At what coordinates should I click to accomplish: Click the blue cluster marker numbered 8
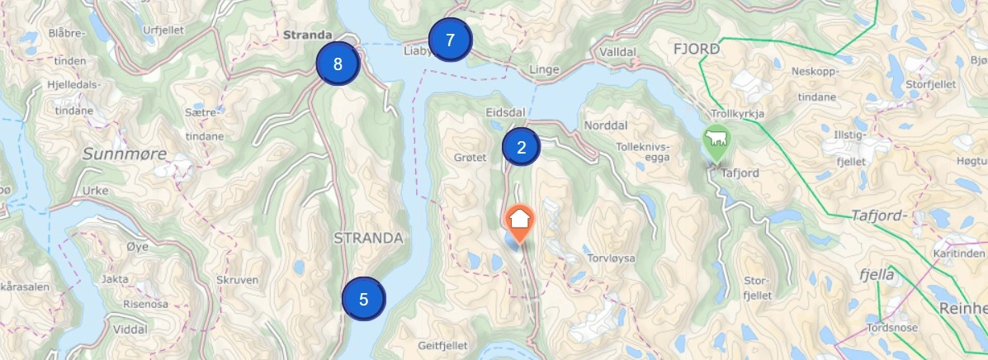(338, 64)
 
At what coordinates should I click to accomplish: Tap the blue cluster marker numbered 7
(450, 40)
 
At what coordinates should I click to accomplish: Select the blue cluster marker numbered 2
(521, 148)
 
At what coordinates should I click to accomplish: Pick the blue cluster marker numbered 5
(364, 299)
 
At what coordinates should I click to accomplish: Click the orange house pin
(519, 221)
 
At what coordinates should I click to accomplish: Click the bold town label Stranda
(306, 36)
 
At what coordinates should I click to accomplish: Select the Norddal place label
(606, 126)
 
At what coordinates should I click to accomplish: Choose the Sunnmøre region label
(124, 154)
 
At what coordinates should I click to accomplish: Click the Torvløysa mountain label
(611, 258)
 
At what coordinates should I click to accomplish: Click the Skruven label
(239, 281)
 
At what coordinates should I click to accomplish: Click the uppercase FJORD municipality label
(697, 50)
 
